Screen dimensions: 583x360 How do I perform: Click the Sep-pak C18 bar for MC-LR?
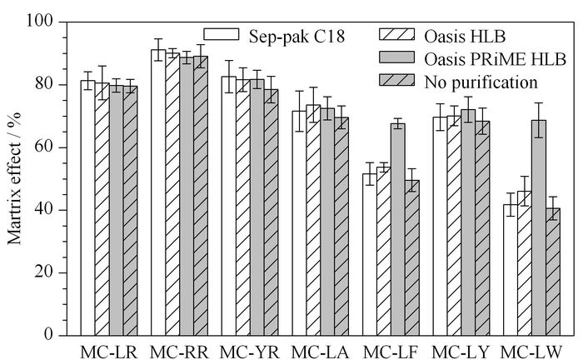[87, 207]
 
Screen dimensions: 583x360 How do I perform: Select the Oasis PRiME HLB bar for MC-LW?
[539, 227]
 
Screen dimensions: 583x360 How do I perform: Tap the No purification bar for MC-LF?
[412, 257]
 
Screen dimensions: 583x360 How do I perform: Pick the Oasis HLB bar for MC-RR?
[172, 194]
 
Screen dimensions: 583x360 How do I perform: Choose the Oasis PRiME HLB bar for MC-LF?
[398, 229]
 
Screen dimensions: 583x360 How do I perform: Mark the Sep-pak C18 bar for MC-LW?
[511, 270]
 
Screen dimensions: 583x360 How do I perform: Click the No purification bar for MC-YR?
[271, 212]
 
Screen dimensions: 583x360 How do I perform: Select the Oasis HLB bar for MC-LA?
[313, 220]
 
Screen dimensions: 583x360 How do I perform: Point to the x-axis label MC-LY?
[461, 352]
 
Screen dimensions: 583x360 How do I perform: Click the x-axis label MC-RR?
[178, 352]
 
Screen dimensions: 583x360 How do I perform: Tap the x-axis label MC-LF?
[391, 352]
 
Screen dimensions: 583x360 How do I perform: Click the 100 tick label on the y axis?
[39, 21]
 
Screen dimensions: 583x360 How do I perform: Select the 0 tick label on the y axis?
[48, 335]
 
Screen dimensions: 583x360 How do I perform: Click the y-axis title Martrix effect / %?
[14, 178]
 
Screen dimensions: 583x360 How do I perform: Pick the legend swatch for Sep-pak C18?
[222, 34]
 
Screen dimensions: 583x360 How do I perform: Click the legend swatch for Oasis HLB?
[396, 34]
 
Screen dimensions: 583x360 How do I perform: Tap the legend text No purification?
[481, 82]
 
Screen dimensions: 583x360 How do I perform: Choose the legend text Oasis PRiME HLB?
[495, 59]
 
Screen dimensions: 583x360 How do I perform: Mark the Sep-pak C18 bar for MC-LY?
[440, 226]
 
